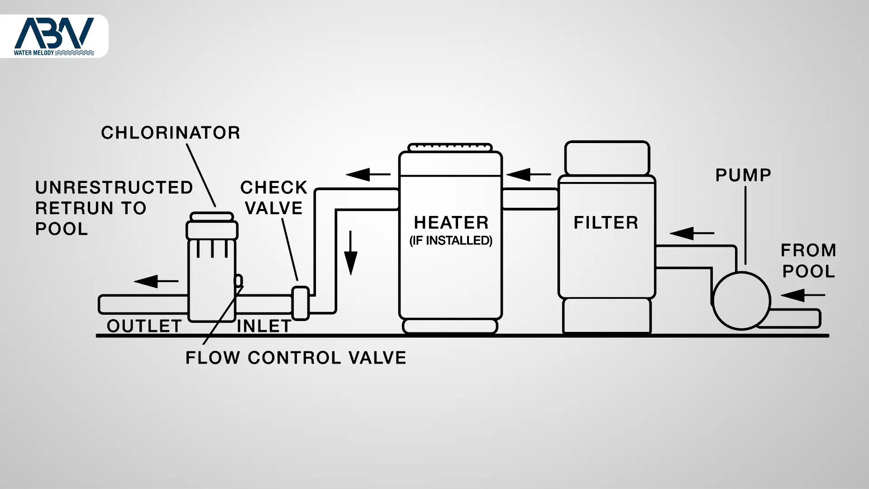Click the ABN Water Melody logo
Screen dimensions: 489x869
54,36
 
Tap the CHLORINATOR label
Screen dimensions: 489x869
170,133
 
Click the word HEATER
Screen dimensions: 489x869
451,223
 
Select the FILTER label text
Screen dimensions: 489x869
606,223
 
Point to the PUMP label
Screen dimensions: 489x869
743,175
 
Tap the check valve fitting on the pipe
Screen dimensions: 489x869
300,303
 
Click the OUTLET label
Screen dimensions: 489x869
144,326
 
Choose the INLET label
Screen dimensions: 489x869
264,326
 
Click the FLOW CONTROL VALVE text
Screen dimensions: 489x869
296,358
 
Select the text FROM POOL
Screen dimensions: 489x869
808,261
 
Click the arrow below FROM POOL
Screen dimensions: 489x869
802,295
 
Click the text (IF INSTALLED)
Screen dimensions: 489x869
451,240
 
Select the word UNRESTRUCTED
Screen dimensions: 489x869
114,187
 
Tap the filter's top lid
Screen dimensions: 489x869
607,158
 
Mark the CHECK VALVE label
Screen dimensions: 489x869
273,198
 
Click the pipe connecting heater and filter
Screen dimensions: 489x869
530,199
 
